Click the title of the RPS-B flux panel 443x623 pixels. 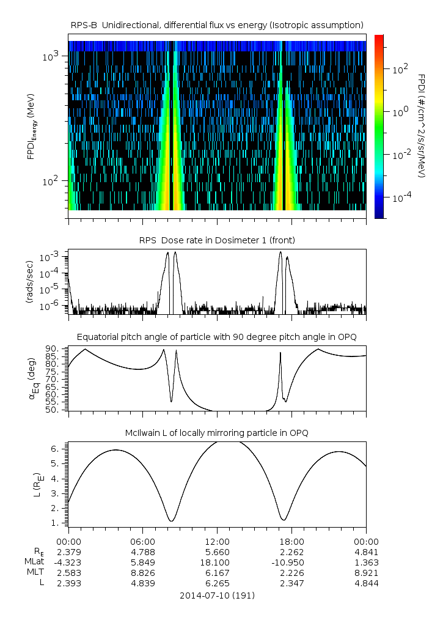(218, 24)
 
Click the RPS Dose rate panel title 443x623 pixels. (218, 240)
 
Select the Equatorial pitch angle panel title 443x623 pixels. (218, 337)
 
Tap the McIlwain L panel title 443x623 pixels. (218, 433)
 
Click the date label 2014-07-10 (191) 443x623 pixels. (218, 595)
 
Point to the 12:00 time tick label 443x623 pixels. (218, 541)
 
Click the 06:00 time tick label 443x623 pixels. (143, 541)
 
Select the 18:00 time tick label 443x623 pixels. (292, 541)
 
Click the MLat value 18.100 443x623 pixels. (218, 562)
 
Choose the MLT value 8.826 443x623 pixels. (143, 572)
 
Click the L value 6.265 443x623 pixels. (218, 583)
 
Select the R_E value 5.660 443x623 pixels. (218, 551)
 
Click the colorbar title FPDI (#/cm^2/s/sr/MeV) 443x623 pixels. (422, 125)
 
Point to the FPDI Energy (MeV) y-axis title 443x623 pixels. (31, 125)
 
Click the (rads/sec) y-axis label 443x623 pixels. (29, 282)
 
